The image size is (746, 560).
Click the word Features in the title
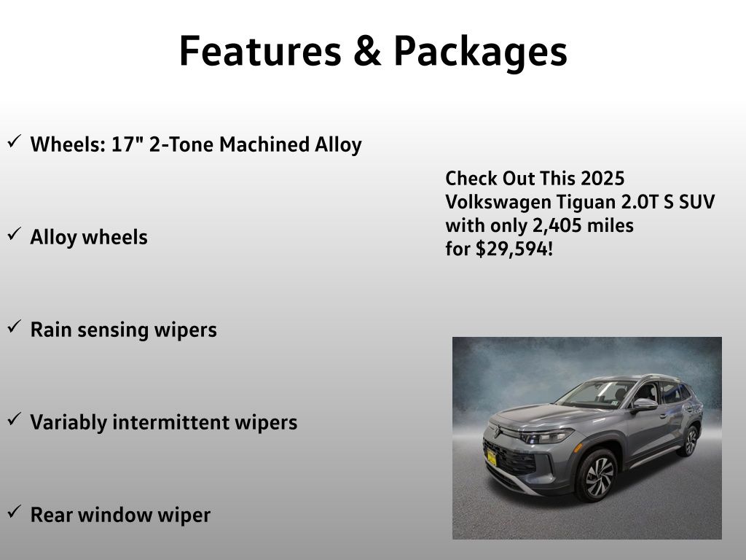click(x=260, y=51)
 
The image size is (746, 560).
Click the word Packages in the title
click(x=481, y=52)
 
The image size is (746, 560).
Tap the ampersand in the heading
click(x=367, y=51)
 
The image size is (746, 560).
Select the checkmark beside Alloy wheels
click(x=15, y=233)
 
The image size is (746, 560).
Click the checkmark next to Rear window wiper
click(x=15, y=511)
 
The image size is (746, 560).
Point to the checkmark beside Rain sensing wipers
click(x=15, y=326)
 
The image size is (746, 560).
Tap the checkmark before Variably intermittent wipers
click(x=15, y=419)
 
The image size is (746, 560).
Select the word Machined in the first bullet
click(x=264, y=144)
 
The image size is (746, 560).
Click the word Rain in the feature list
click(x=51, y=330)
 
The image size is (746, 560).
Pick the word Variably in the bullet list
click(x=68, y=423)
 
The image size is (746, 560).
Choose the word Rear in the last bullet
click(x=51, y=515)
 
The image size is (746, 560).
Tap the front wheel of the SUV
click(x=597, y=475)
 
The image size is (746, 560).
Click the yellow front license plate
click(x=492, y=458)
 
